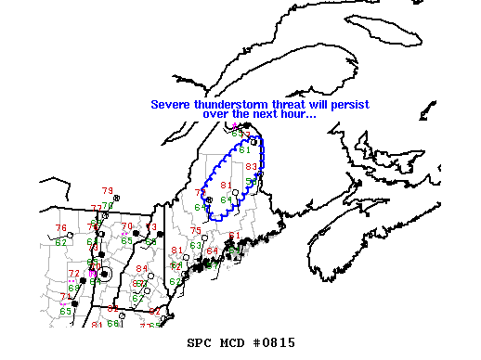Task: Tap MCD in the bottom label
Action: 233,343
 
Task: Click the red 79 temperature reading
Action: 107,190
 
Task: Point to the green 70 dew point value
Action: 107,206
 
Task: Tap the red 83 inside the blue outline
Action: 251,167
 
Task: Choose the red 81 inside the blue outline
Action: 225,186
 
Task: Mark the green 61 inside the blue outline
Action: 245,150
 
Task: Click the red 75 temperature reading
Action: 195,231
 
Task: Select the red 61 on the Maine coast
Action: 234,236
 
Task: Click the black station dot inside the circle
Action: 105,275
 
